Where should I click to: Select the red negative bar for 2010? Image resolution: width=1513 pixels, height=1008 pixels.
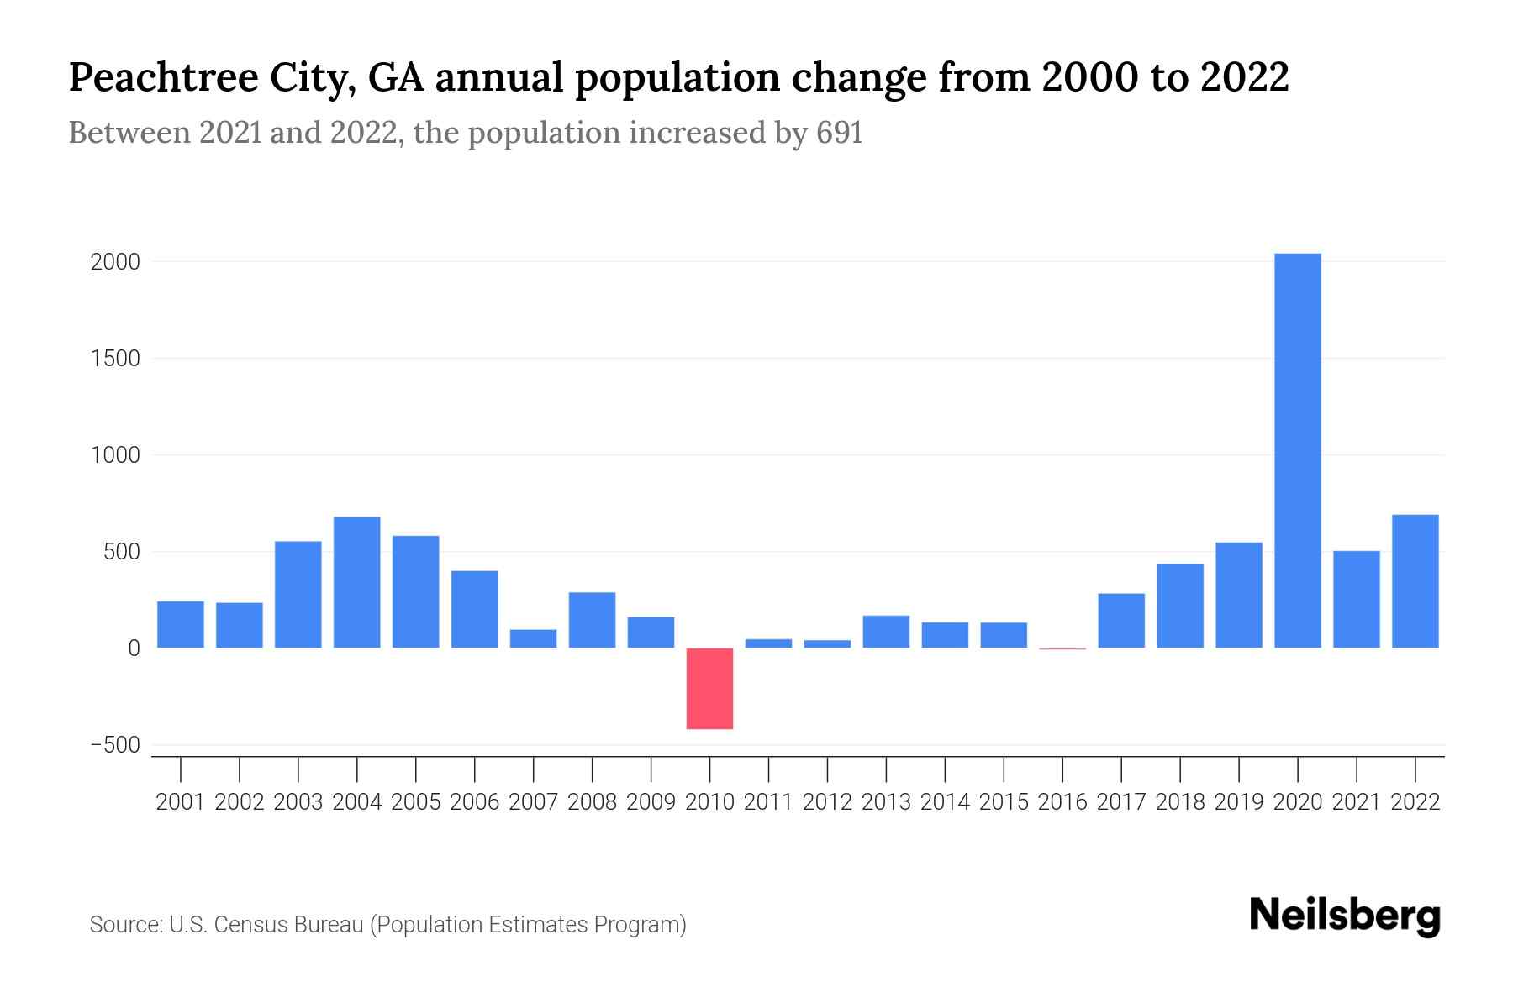pyautogui.click(x=709, y=688)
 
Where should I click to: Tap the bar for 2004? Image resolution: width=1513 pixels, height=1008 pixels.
pyautogui.click(x=356, y=582)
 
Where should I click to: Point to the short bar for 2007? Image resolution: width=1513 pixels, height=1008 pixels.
pyautogui.click(x=533, y=638)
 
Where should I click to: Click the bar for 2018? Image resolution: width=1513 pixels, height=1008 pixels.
pyautogui.click(x=1179, y=606)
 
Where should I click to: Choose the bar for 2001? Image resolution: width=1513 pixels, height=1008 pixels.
pyautogui.click(x=181, y=624)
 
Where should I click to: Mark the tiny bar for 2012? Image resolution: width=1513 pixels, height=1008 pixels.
pyautogui.click(x=827, y=643)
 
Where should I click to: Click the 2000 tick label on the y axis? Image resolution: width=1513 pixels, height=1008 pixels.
pyautogui.click(x=115, y=262)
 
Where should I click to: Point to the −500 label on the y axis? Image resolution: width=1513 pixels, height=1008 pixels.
pyautogui.click(x=115, y=746)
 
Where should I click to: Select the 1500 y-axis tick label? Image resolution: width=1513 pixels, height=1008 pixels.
pyautogui.click(x=115, y=359)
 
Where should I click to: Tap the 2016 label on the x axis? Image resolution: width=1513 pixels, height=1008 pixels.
pyautogui.click(x=1062, y=802)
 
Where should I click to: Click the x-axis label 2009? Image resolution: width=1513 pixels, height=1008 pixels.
pyautogui.click(x=651, y=802)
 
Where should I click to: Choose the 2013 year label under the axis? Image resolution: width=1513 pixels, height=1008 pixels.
pyautogui.click(x=886, y=802)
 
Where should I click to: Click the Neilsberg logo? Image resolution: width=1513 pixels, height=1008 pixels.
pyautogui.click(x=1345, y=916)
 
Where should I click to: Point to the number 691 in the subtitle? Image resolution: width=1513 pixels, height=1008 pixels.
pyautogui.click(x=839, y=134)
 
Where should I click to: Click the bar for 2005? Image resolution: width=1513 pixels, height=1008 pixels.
pyautogui.click(x=415, y=591)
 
